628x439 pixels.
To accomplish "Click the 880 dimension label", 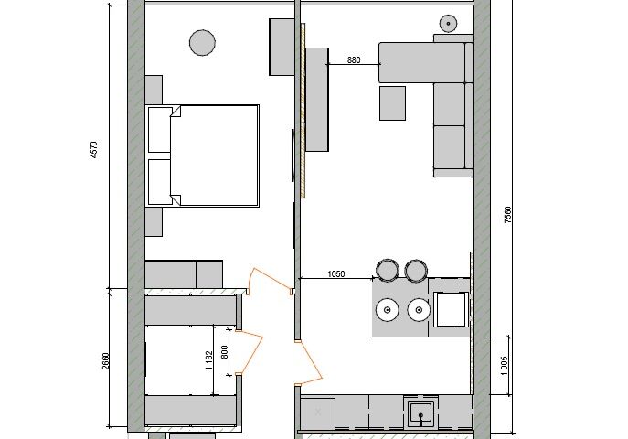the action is pyautogui.click(x=354, y=60).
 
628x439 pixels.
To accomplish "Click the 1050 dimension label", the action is pyautogui.click(x=336, y=274).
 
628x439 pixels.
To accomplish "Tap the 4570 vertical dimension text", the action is pyautogui.click(x=94, y=149).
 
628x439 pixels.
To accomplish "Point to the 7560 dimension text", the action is pyautogui.click(x=507, y=215).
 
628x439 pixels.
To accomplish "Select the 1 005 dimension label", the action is pyautogui.click(x=505, y=365).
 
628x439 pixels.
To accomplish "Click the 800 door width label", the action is pyautogui.click(x=224, y=352).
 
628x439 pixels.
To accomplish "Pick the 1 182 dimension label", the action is pyautogui.click(x=209, y=359).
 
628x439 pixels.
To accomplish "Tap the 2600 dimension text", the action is pyautogui.click(x=105, y=360).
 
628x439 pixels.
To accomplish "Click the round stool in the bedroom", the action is pyautogui.click(x=202, y=42).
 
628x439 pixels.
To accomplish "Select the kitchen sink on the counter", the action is pyautogui.click(x=420, y=413).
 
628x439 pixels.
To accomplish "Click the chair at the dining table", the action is pyautogui.click(x=451, y=309).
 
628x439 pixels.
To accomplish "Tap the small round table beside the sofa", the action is pyautogui.click(x=448, y=24).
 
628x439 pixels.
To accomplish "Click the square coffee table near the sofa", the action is pyautogui.click(x=392, y=103).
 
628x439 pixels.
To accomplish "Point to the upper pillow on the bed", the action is pyautogui.click(x=160, y=129).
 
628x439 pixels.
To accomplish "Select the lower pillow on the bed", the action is pyautogui.click(x=160, y=182).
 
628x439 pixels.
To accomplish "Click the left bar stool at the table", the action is pyautogui.click(x=388, y=270).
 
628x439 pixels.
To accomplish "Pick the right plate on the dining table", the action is pyautogui.click(x=419, y=310).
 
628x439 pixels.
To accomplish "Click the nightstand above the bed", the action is pyautogui.click(x=154, y=90).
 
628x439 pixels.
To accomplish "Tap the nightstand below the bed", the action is pyautogui.click(x=154, y=221).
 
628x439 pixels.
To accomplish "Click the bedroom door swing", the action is pyautogui.click(x=269, y=281).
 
